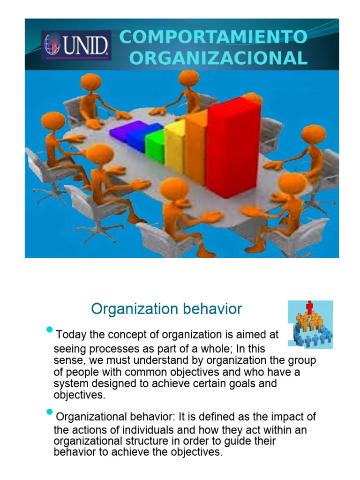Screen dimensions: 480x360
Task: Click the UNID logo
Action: (x=76, y=45)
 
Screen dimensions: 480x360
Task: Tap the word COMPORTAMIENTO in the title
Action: (x=213, y=37)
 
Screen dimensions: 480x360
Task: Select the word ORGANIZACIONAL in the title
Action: (x=218, y=58)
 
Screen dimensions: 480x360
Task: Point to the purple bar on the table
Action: (x=121, y=131)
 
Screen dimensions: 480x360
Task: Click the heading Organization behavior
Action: (x=166, y=309)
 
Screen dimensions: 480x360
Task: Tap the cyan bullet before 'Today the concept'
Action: (x=49, y=330)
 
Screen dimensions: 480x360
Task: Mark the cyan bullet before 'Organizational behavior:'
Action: (x=49, y=412)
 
